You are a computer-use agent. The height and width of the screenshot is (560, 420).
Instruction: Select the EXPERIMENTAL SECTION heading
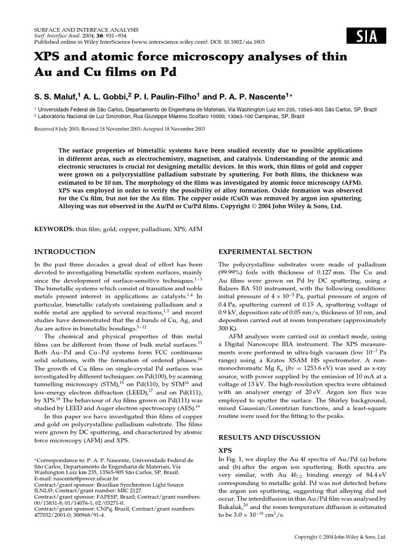(265, 252)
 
